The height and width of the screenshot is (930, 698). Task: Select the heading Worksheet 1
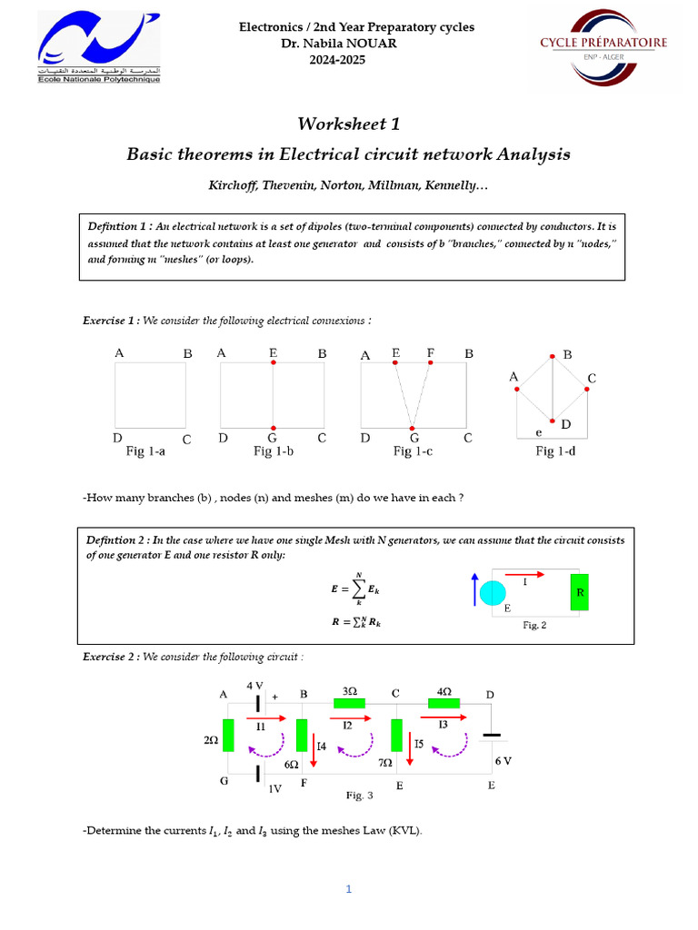pos(349,124)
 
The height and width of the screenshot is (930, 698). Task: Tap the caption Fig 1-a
pos(145,450)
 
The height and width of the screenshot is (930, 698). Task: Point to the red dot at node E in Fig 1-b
pos(273,362)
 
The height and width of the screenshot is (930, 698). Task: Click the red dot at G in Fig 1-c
pos(413,428)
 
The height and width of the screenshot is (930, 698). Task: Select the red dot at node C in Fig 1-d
pos(587,390)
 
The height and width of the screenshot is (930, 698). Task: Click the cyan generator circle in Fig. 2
pos(493,593)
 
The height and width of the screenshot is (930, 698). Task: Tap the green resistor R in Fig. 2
pos(579,591)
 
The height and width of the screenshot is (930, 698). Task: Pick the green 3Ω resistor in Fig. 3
pos(348,703)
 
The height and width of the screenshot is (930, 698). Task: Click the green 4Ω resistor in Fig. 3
pos(444,703)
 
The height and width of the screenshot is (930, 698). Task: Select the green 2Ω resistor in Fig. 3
pos(228,735)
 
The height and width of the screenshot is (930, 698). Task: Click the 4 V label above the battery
pos(255,685)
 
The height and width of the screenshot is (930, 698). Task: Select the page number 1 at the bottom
pos(348,889)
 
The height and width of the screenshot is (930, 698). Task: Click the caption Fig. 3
pos(360,796)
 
